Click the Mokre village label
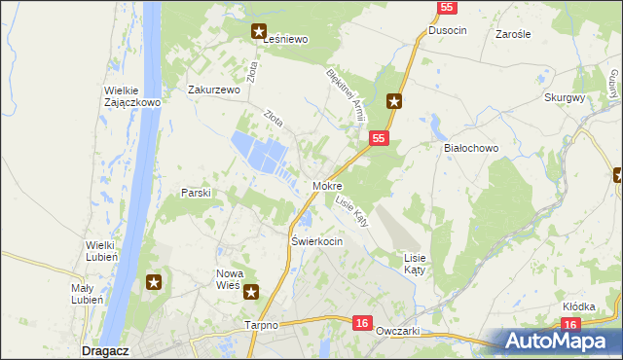327,185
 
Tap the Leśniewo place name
281,40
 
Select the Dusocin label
448,31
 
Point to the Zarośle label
512,33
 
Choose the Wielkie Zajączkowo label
132,97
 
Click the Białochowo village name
471,148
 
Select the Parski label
196,193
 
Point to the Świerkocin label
317,240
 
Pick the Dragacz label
100,349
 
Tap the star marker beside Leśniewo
259,30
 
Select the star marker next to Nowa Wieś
251,291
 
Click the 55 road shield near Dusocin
447,8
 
